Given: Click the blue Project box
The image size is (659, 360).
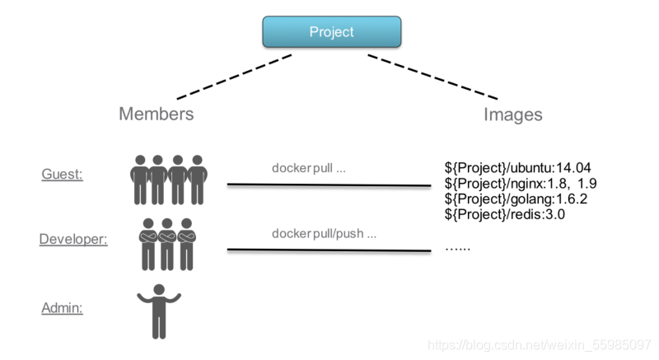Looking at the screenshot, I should coord(331,32).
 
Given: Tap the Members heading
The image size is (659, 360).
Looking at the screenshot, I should coord(156,114).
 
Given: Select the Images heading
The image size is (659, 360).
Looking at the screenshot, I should coord(512,115).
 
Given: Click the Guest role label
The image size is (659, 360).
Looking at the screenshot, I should coord(63,174).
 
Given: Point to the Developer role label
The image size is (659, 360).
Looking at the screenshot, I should coord(73,239).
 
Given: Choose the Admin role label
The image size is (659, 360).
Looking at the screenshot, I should coord(63,308).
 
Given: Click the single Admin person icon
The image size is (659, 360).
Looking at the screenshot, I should coord(159,311).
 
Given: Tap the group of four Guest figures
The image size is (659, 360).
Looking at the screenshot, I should coord(169,179).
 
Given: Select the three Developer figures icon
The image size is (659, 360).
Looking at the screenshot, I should coord(168,244).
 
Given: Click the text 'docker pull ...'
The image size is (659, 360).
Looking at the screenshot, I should coord(309,168).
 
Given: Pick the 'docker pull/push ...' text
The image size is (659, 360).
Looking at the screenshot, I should coord(324,233).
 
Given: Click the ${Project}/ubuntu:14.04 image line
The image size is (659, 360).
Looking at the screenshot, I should coord(517,168).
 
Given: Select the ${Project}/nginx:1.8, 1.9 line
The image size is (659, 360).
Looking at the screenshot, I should coord(519,183).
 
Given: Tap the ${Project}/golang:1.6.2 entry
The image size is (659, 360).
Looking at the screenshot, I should coord(516,199).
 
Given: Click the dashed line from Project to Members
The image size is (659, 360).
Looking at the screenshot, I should coord(235,76).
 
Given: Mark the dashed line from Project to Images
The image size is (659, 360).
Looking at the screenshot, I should coord(432,77).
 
